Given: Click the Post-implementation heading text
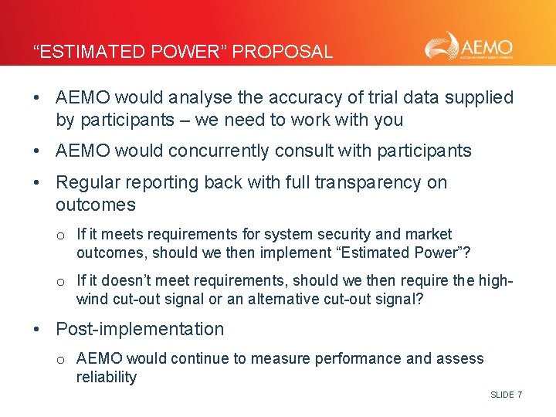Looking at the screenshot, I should (x=140, y=329).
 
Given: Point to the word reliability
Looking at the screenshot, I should (x=107, y=377).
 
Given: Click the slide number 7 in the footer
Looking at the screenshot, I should (x=520, y=395).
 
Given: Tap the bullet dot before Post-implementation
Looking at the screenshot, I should (x=37, y=329).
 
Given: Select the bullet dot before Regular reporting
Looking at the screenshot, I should (x=37, y=182).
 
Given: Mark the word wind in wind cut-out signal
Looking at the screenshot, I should (x=93, y=299).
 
